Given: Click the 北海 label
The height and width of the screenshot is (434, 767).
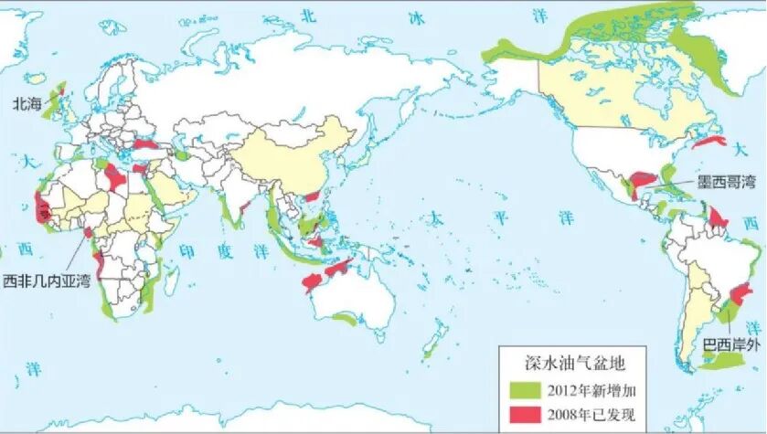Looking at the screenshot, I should (x=26, y=105).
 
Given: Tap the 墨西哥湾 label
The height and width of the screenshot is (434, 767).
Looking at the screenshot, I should (x=727, y=182).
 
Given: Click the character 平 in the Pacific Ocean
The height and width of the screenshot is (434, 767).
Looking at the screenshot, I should (x=499, y=219).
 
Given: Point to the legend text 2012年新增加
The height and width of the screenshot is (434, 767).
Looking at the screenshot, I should (x=592, y=391).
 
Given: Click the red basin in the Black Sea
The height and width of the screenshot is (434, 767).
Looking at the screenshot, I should (x=146, y=144).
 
